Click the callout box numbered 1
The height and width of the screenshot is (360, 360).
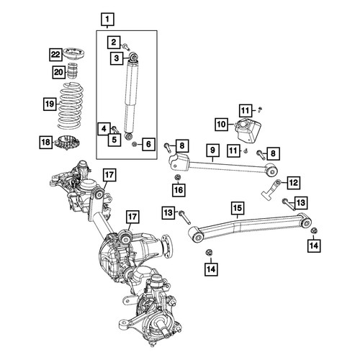[x=107, y=19]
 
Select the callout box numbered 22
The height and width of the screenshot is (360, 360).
[x=55, y=55]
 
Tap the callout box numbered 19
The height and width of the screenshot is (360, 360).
[x=50, y=104]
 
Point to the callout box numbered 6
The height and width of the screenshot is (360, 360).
[x=148, y=144]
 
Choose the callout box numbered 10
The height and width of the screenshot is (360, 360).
[x=222, y=124]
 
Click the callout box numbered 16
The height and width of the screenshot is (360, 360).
[x=179, y=190]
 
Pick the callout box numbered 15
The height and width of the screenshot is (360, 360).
[x=238, y=208]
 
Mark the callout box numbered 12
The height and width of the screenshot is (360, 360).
[x=294, y=183]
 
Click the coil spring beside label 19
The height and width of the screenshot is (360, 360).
[x=71, y=106]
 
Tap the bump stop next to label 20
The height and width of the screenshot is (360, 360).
[x=71, y=71]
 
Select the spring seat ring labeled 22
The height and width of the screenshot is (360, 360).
[x=73, y=54]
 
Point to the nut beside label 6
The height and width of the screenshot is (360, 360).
[x=135, y=144]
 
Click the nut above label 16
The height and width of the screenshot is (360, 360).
[x=178, y=177]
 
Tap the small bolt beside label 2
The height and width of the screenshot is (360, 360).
[x=126, y=46]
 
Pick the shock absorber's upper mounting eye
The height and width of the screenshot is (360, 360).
[x=133, y=57]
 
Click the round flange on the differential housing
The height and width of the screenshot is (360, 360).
[x=166, y=246]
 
